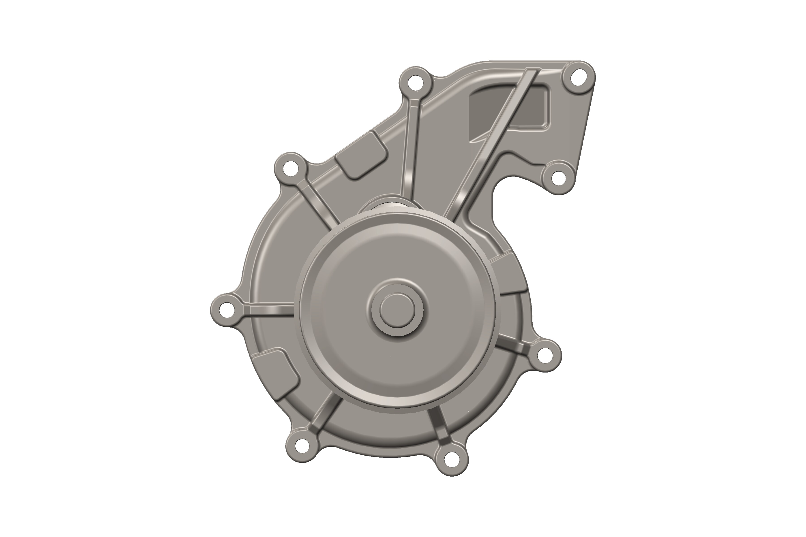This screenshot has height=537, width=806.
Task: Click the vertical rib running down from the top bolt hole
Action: tap(410, 151)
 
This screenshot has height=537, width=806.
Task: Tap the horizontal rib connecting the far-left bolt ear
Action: tap(271, 310)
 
